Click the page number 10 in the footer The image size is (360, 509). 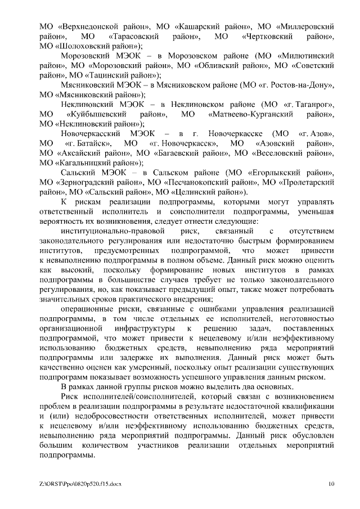331,483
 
